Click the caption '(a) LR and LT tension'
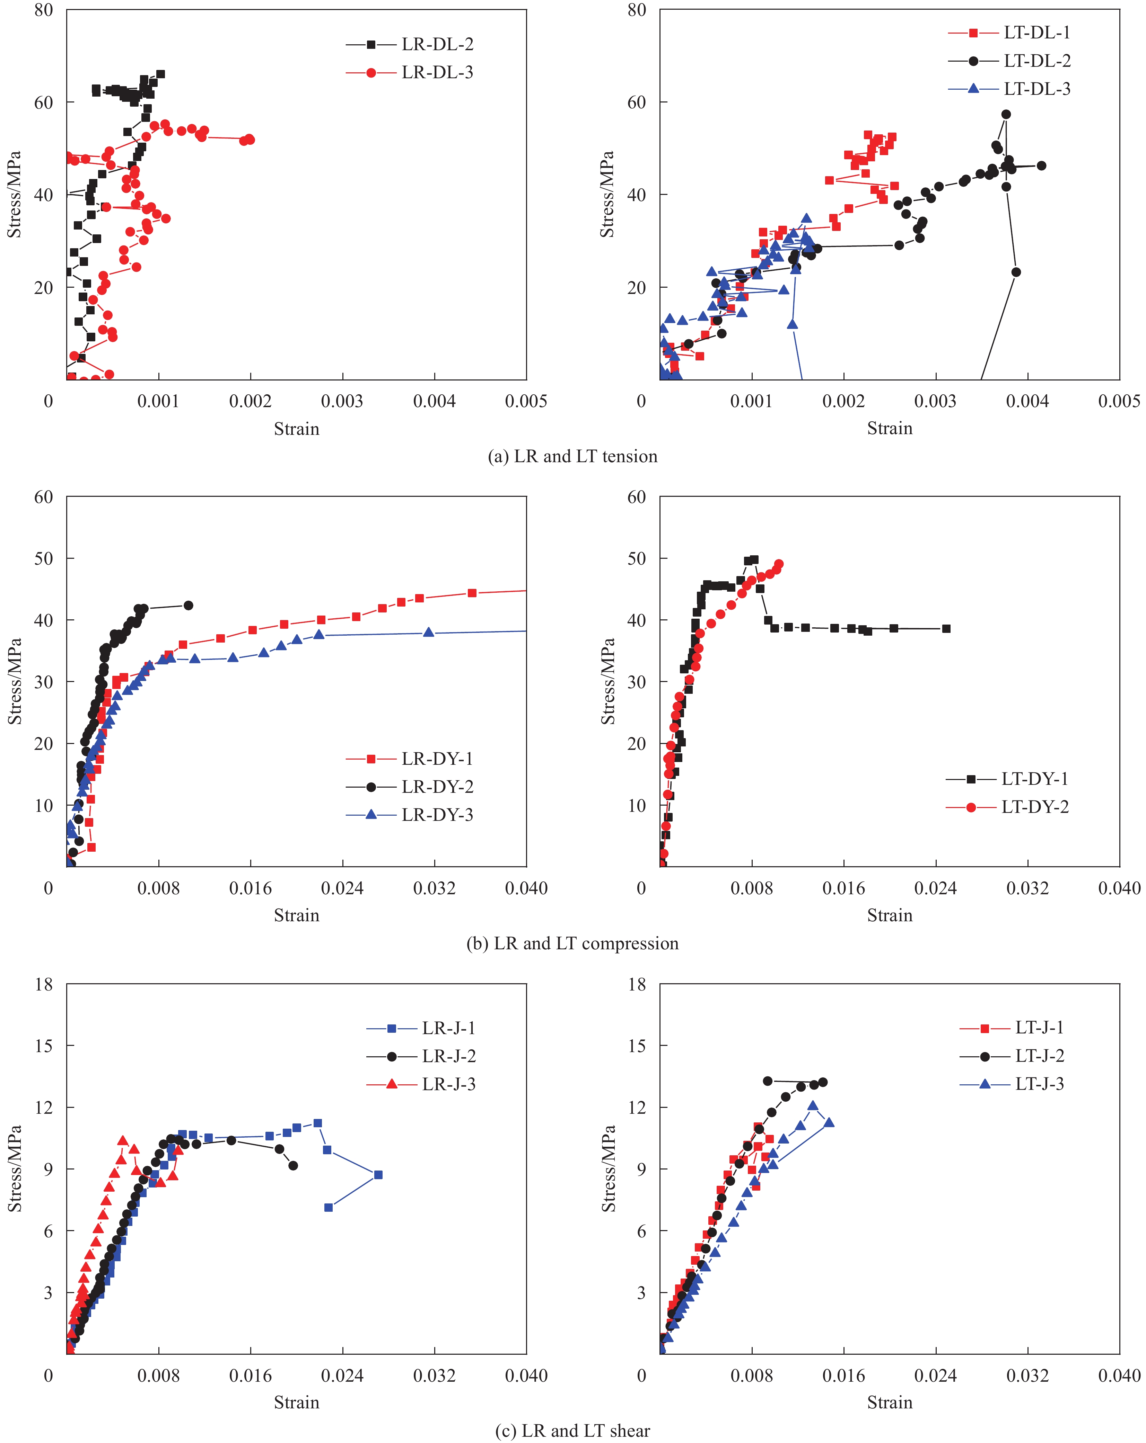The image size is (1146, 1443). pyautogui.click(x=573, y=456)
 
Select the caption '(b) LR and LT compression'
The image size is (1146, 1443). pyautogui.click(x=573, y=943)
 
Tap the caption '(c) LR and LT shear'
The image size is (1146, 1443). pyautogui.click(x=573, y=1430)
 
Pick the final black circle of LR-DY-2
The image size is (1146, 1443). pyautogui.click(x=188, y=606)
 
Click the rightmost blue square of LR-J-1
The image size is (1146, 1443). pyautogui.click(x=378, y=1175)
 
